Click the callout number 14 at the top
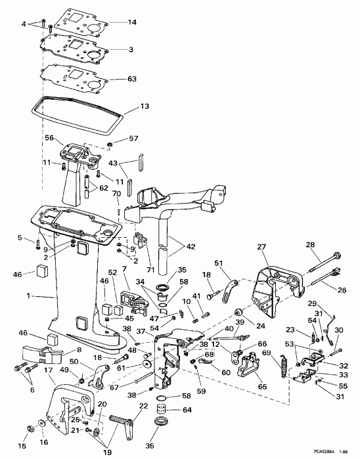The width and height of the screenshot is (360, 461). pyautogui.click(x=132, y=22)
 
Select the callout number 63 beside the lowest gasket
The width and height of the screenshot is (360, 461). pyautogui.click(x=132, y=79)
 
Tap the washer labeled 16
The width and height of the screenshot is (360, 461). pyautogui.click(x=43, y=424)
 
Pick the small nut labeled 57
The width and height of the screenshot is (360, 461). pyautogui.click(x=110, y=144)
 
